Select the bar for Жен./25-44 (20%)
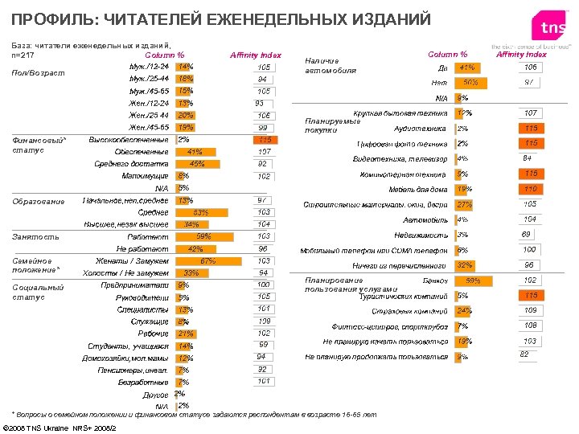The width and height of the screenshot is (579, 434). (x=186, y=115)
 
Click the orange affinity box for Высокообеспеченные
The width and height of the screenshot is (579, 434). (x=263, y=140)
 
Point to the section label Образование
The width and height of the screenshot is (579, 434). (x=38, y=201)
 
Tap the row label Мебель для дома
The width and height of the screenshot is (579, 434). (x=417, y=190)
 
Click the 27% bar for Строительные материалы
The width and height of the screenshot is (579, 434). (x=465, y=205)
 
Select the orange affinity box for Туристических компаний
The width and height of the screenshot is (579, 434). (x=529, y=295)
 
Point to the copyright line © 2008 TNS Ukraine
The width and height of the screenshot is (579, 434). (x=60, y=426)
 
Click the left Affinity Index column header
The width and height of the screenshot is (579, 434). (x=256, y=55)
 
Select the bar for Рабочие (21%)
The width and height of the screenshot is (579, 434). (x=187, y=334)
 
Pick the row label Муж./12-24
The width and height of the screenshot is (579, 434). (x=149, y=67)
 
